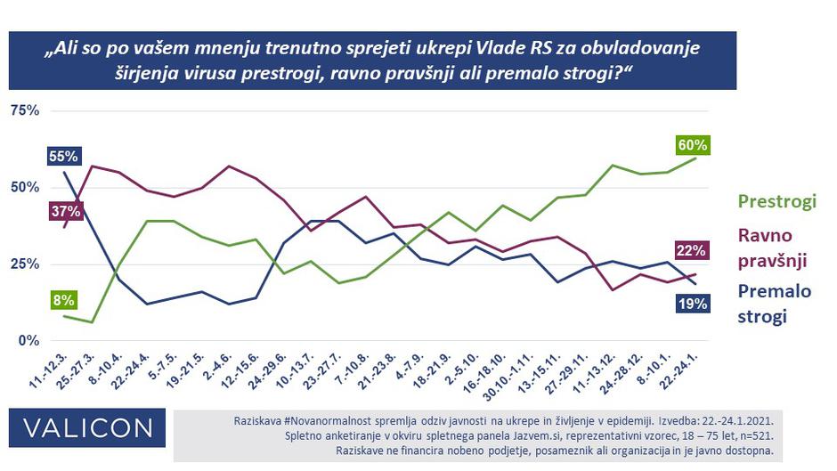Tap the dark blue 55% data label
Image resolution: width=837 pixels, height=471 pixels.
[x=63, y=157]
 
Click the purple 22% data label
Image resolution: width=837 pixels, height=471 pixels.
[x=691, y=250]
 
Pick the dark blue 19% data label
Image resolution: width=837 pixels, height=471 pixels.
[x=691, y=304]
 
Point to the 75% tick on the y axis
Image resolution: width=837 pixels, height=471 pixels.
[x=24, y=110]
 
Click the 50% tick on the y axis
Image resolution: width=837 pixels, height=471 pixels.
[x=24, y=188]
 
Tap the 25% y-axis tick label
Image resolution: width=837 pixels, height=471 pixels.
[x=24, y=264]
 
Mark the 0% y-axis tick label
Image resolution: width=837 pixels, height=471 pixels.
[x=28, y=341]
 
